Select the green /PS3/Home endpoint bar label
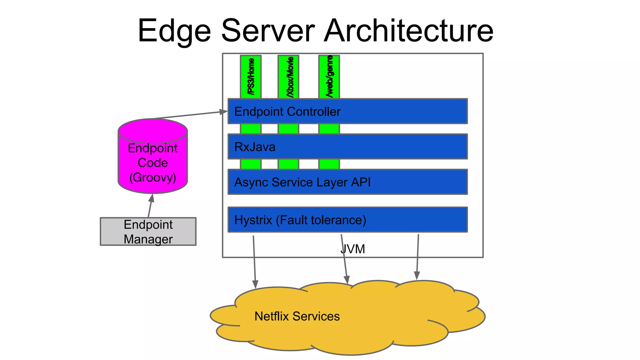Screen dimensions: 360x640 pyautogui.click(x=251, y=77)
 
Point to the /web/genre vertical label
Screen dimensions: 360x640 pyautogui.click(x=329, y=76)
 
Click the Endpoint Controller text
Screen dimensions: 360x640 pyautogui.click(x=287, y=112)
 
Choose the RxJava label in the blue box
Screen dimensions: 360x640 pyautogui.click(x=255, y=147)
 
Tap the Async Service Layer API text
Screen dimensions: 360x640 pyautogui.click(x=302, y=182)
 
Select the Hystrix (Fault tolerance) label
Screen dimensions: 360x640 pyautogui.click(x=300, y=220)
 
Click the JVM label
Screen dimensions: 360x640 pyautogui.click(x=352, y=249)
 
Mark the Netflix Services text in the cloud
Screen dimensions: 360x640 pyautogui.click(x=297, y=316)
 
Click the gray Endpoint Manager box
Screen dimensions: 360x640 pyautogui.click(x=148, y=232)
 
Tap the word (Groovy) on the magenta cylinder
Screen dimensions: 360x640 pyautogui.click(x=152, y=177)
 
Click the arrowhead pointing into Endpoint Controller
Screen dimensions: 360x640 pyautogui.click(x=224, y=112)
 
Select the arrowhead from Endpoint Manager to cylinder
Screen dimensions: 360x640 pyautogui.click(x=152, y=198)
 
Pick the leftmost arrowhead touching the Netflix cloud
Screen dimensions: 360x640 pyautogui.click(x=255, y=284)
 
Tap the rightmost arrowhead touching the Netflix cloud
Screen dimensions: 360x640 pyautogui.click(x=417, y=275)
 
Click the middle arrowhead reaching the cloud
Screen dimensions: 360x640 pyautogui.click(x=347, y=280)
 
